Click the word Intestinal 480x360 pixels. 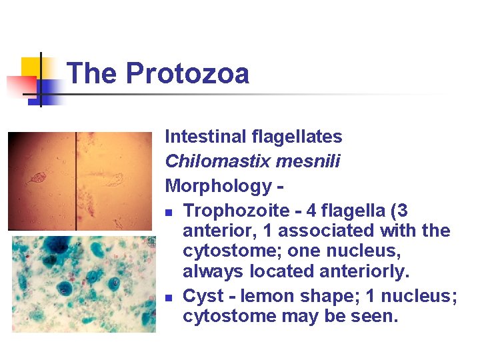click(x=204, y=137)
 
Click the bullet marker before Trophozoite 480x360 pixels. click(x=170, y=212)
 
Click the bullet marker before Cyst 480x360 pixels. click(x=170, y=297)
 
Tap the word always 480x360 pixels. click(x=213, y=271)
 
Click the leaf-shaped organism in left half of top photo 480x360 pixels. click(x=35, y=179)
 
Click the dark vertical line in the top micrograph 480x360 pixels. click(x=76, y=180)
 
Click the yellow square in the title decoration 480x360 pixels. click(x=31, y=67)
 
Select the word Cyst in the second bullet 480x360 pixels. click(x=200, y=295)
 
